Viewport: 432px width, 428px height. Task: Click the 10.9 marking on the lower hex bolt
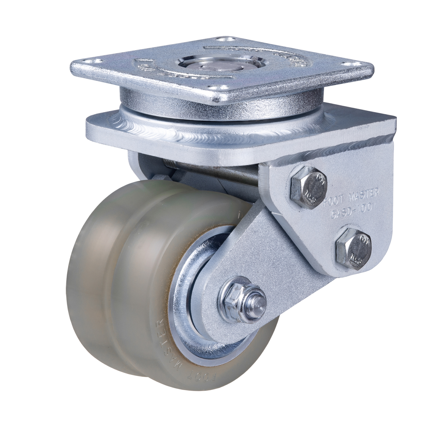pyautogui.click(x=357, y=256)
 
